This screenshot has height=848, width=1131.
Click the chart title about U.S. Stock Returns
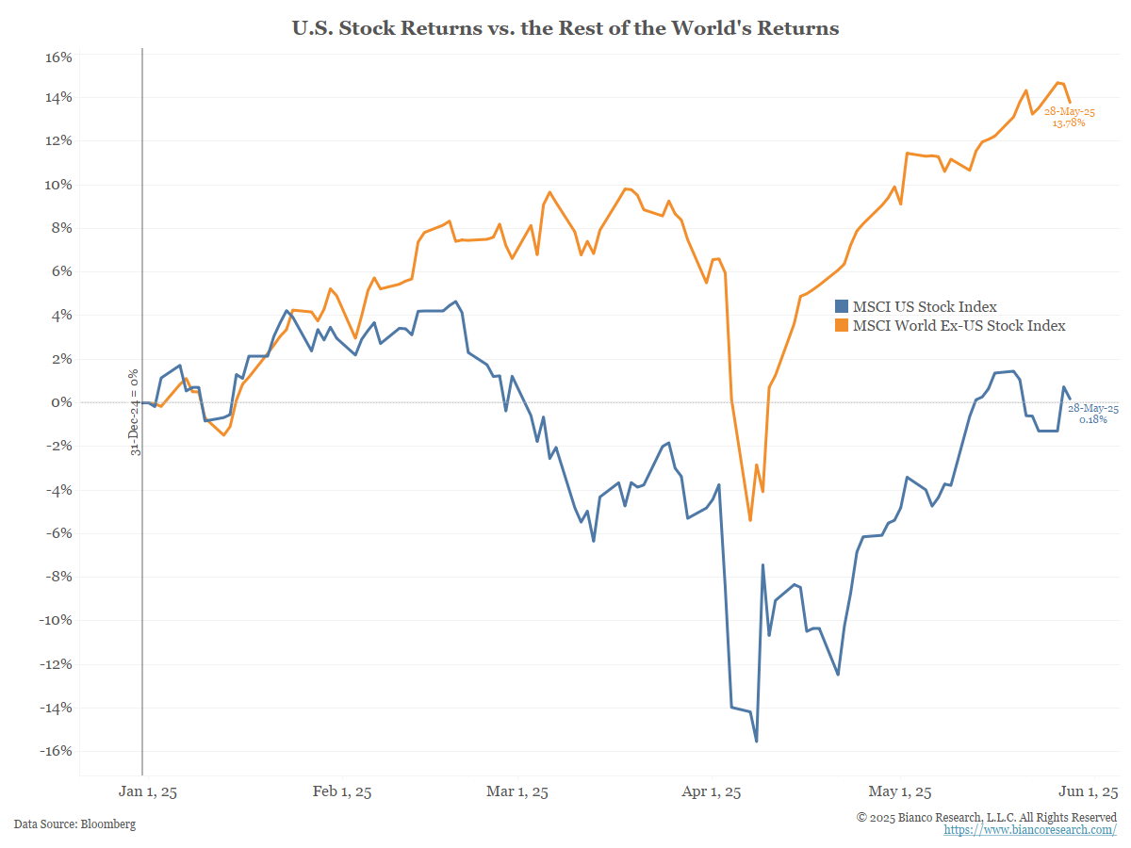click(x=565, y=28)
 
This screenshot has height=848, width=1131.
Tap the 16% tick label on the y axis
click(x=59, y=57)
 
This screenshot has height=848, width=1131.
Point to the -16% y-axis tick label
click(x=57, y=751)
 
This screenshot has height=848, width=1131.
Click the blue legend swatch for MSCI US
click(x=843, y=306)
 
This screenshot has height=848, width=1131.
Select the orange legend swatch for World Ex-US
click(x=843, y=325)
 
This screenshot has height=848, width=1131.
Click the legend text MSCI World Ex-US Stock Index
click(x=959, y=325)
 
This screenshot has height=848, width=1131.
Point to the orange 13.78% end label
click(x=1069, y=117)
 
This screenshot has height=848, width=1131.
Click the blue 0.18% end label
click(x=1092, y=414)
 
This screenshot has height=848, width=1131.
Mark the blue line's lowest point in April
click(x=756, y=741)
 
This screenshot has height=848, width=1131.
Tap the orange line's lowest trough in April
click(x=750, y=520)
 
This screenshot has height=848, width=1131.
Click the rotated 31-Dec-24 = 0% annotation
click(x=136, y=412)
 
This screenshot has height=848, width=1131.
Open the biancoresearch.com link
click(x=1030, y=830)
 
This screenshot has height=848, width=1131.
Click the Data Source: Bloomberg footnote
click(x=75, y=824)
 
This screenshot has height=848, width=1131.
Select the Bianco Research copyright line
click(x=987, y=816)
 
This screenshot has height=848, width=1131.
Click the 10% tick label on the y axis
click(x=59, y=185)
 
